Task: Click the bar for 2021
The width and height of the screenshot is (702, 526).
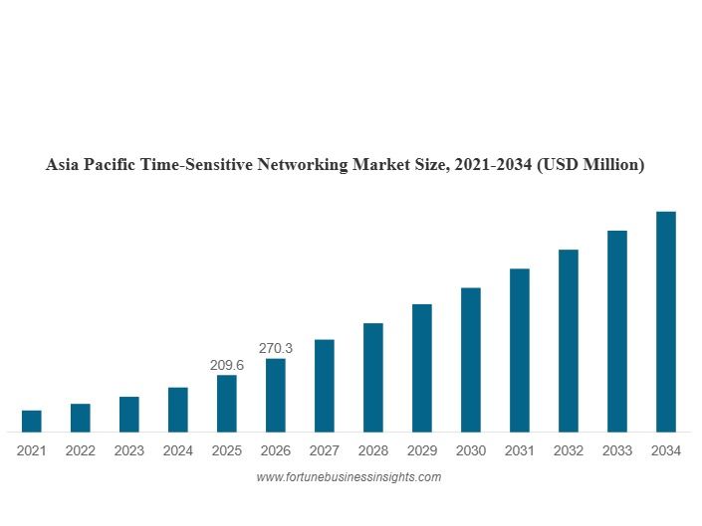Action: point(32,421)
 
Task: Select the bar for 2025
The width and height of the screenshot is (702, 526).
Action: point(227,403)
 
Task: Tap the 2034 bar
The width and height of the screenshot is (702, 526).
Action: point(666,321)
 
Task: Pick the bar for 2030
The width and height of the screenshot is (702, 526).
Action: point(471,359)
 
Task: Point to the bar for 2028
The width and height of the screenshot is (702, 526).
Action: point(373,377)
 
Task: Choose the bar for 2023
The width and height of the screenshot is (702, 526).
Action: point(129,414)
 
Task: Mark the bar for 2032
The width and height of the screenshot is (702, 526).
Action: point(569,340)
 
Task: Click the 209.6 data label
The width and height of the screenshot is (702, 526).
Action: point(227,365)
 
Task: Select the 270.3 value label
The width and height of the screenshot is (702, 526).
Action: point(276,348)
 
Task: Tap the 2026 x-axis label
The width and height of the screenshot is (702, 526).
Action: point(276,450)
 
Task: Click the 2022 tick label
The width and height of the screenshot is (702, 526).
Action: point(81,450)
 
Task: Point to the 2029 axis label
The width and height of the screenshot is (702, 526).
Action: point(422,450)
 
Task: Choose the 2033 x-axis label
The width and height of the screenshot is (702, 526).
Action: point(617,450)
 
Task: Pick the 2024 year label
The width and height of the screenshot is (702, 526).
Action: point(178,450)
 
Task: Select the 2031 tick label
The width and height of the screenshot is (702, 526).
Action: point(520,450)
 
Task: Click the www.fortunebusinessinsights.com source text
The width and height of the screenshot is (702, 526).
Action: point(349,477)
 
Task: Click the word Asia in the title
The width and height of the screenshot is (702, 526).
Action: point(64,165)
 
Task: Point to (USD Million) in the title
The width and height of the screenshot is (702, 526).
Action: point(589,165)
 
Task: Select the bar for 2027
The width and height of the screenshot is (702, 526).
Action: point(325,385)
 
